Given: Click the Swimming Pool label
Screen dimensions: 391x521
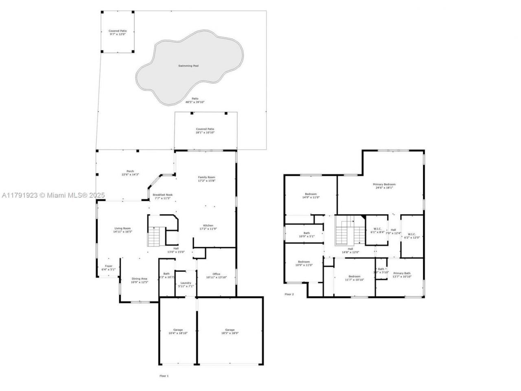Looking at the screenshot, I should [188, 66].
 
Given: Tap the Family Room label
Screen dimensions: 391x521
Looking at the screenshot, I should [206, 177].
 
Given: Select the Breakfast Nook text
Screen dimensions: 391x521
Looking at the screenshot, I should [163, 195].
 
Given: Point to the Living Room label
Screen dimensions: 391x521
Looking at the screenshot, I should [123, 228].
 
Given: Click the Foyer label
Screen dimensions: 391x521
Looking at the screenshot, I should [108, 266].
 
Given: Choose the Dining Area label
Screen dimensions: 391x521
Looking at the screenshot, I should [139, 279].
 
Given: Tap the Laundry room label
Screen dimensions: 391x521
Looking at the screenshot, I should [186, 283].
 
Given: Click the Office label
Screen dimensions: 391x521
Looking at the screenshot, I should [216, 274].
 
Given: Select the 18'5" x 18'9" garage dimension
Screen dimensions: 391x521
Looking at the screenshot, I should [230, 333].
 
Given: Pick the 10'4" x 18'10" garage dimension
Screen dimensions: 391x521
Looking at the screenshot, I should [178, 333].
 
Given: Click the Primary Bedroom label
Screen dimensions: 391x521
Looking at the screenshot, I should [384, 185].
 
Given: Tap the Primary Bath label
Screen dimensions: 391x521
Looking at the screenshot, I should [402, 273].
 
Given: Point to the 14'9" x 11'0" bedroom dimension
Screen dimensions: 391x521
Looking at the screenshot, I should [311, 197].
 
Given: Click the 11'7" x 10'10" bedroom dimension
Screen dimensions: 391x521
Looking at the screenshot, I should [354, 280].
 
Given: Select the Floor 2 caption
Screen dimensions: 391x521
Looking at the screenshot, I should [289, 294].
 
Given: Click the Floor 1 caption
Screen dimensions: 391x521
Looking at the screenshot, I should [164, 376].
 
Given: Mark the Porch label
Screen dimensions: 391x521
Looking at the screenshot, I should [130, 171].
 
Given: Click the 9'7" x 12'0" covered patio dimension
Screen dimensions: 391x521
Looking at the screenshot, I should [118, 34].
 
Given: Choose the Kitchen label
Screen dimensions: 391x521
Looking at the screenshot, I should [208, 225].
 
